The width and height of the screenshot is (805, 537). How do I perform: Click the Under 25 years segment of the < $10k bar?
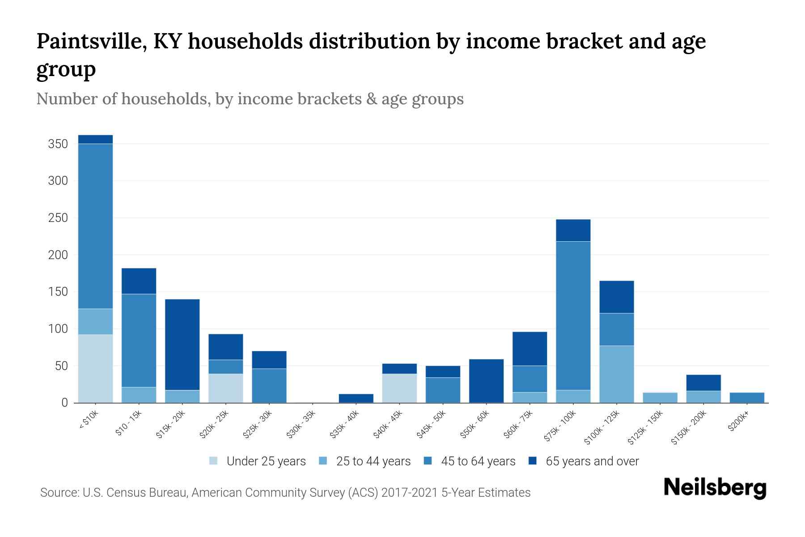click(x=95, y=368)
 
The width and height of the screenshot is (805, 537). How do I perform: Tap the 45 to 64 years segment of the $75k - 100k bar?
click(x=573, y=315)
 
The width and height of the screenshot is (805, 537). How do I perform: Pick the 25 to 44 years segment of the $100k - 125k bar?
click(x=616, y=374)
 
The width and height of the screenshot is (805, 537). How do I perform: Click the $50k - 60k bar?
click(x=486, y=381)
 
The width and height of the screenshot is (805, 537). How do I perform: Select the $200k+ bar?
click(x=746, y=397)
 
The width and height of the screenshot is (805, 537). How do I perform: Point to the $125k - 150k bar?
click(x=660, y=397)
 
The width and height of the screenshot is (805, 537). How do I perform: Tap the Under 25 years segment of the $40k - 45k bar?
click(x=399, y=388)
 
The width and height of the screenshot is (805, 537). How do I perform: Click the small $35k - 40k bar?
click(x=356, y=398)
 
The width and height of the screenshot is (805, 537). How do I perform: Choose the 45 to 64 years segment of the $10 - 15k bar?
click(x=139, y=340)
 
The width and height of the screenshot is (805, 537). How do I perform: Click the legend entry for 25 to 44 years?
click(x=373, y=461)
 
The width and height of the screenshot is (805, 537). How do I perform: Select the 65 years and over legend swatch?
click(x=533, y=461)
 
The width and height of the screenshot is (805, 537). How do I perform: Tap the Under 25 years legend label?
click(x=266, y=461)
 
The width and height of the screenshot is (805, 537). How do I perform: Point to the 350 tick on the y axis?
click(x=58, y=144)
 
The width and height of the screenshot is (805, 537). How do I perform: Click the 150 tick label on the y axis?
click(x=58, y=292)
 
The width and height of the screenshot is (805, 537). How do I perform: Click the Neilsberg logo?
click(x=715, y=488)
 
